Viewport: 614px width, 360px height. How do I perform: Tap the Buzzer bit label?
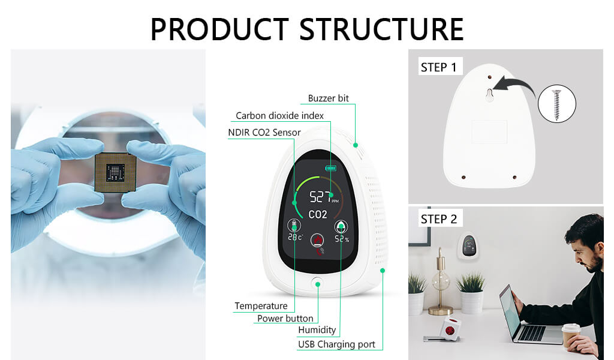328,98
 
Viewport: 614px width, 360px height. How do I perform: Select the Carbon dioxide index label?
279,115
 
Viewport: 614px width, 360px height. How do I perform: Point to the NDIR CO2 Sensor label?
264,133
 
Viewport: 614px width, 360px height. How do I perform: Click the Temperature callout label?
261,306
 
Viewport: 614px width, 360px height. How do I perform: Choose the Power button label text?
285,319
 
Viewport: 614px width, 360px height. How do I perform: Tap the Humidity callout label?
317,330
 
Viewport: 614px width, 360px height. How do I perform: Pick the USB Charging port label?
336,344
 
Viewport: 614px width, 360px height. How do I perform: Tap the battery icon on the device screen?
330,168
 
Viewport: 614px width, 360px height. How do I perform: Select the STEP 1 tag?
438,67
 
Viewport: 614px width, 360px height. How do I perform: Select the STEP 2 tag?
438,219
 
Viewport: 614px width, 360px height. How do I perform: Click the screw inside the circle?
556,104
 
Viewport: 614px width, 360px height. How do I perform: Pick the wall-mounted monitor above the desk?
468,245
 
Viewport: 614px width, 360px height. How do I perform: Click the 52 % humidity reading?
342,239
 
